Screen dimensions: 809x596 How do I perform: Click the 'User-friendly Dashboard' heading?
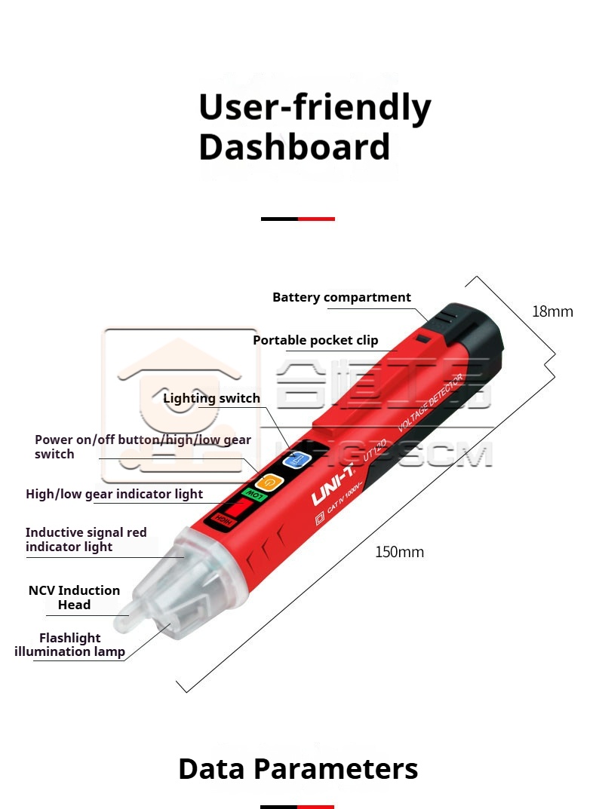pos(314,127)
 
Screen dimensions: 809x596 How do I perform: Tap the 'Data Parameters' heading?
pos(298,769)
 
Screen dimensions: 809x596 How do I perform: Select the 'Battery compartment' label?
pos(341,297)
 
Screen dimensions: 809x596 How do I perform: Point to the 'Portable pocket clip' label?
pos(315,340)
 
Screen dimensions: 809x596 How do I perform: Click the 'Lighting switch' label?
pos(211,398)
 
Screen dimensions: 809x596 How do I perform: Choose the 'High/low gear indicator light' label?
pos(114,494)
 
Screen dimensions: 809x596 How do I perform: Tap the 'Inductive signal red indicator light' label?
pos(86,539)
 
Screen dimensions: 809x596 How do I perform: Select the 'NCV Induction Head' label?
pos(74,597)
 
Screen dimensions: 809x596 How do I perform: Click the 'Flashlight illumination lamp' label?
pos(69,645)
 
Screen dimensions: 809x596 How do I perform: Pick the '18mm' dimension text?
pos(552,311)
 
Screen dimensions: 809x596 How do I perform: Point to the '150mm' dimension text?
pos(399,552)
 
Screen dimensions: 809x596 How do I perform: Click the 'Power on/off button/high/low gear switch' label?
pos(143,446)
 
